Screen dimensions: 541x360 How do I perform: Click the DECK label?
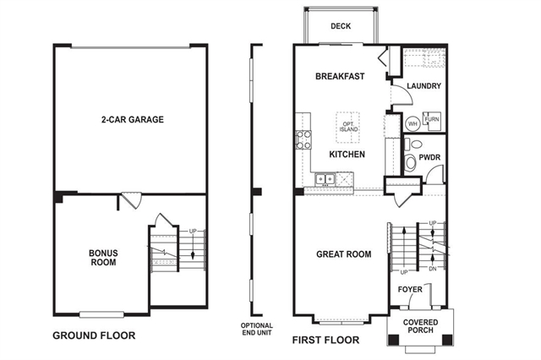(x=341, y=26)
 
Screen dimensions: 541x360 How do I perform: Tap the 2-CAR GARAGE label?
(x=133, y=120)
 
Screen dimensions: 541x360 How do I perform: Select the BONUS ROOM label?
(x=103, y=258)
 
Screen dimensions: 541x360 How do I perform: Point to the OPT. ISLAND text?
(x=348, y=127)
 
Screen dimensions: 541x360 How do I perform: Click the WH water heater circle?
(x=413, y=123)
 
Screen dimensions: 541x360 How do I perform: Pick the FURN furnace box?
(x=432, y=121)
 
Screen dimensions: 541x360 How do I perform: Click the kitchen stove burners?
(x=303, y=139)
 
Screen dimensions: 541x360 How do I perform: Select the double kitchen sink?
(x=325, y=179)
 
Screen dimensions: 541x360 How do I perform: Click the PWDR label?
(x=429, y=157)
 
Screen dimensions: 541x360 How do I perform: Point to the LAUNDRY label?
(x=424, y=86)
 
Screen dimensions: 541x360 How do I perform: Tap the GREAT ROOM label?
(x=344, y=254)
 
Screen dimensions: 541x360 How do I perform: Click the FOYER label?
(x=410, y=289)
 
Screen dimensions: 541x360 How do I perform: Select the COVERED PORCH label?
(x=421, y=326)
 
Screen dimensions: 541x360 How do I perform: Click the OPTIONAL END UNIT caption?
(x=257, y=329)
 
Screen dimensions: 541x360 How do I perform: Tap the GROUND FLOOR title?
(x=94, y=335)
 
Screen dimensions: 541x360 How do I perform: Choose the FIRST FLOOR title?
(x=325, y=340)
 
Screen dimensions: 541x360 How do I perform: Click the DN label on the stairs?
(x=433, y=269)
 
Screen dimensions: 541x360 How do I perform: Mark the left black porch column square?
(x=394, y=340)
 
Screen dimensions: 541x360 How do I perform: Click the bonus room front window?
(x=101, y=314)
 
